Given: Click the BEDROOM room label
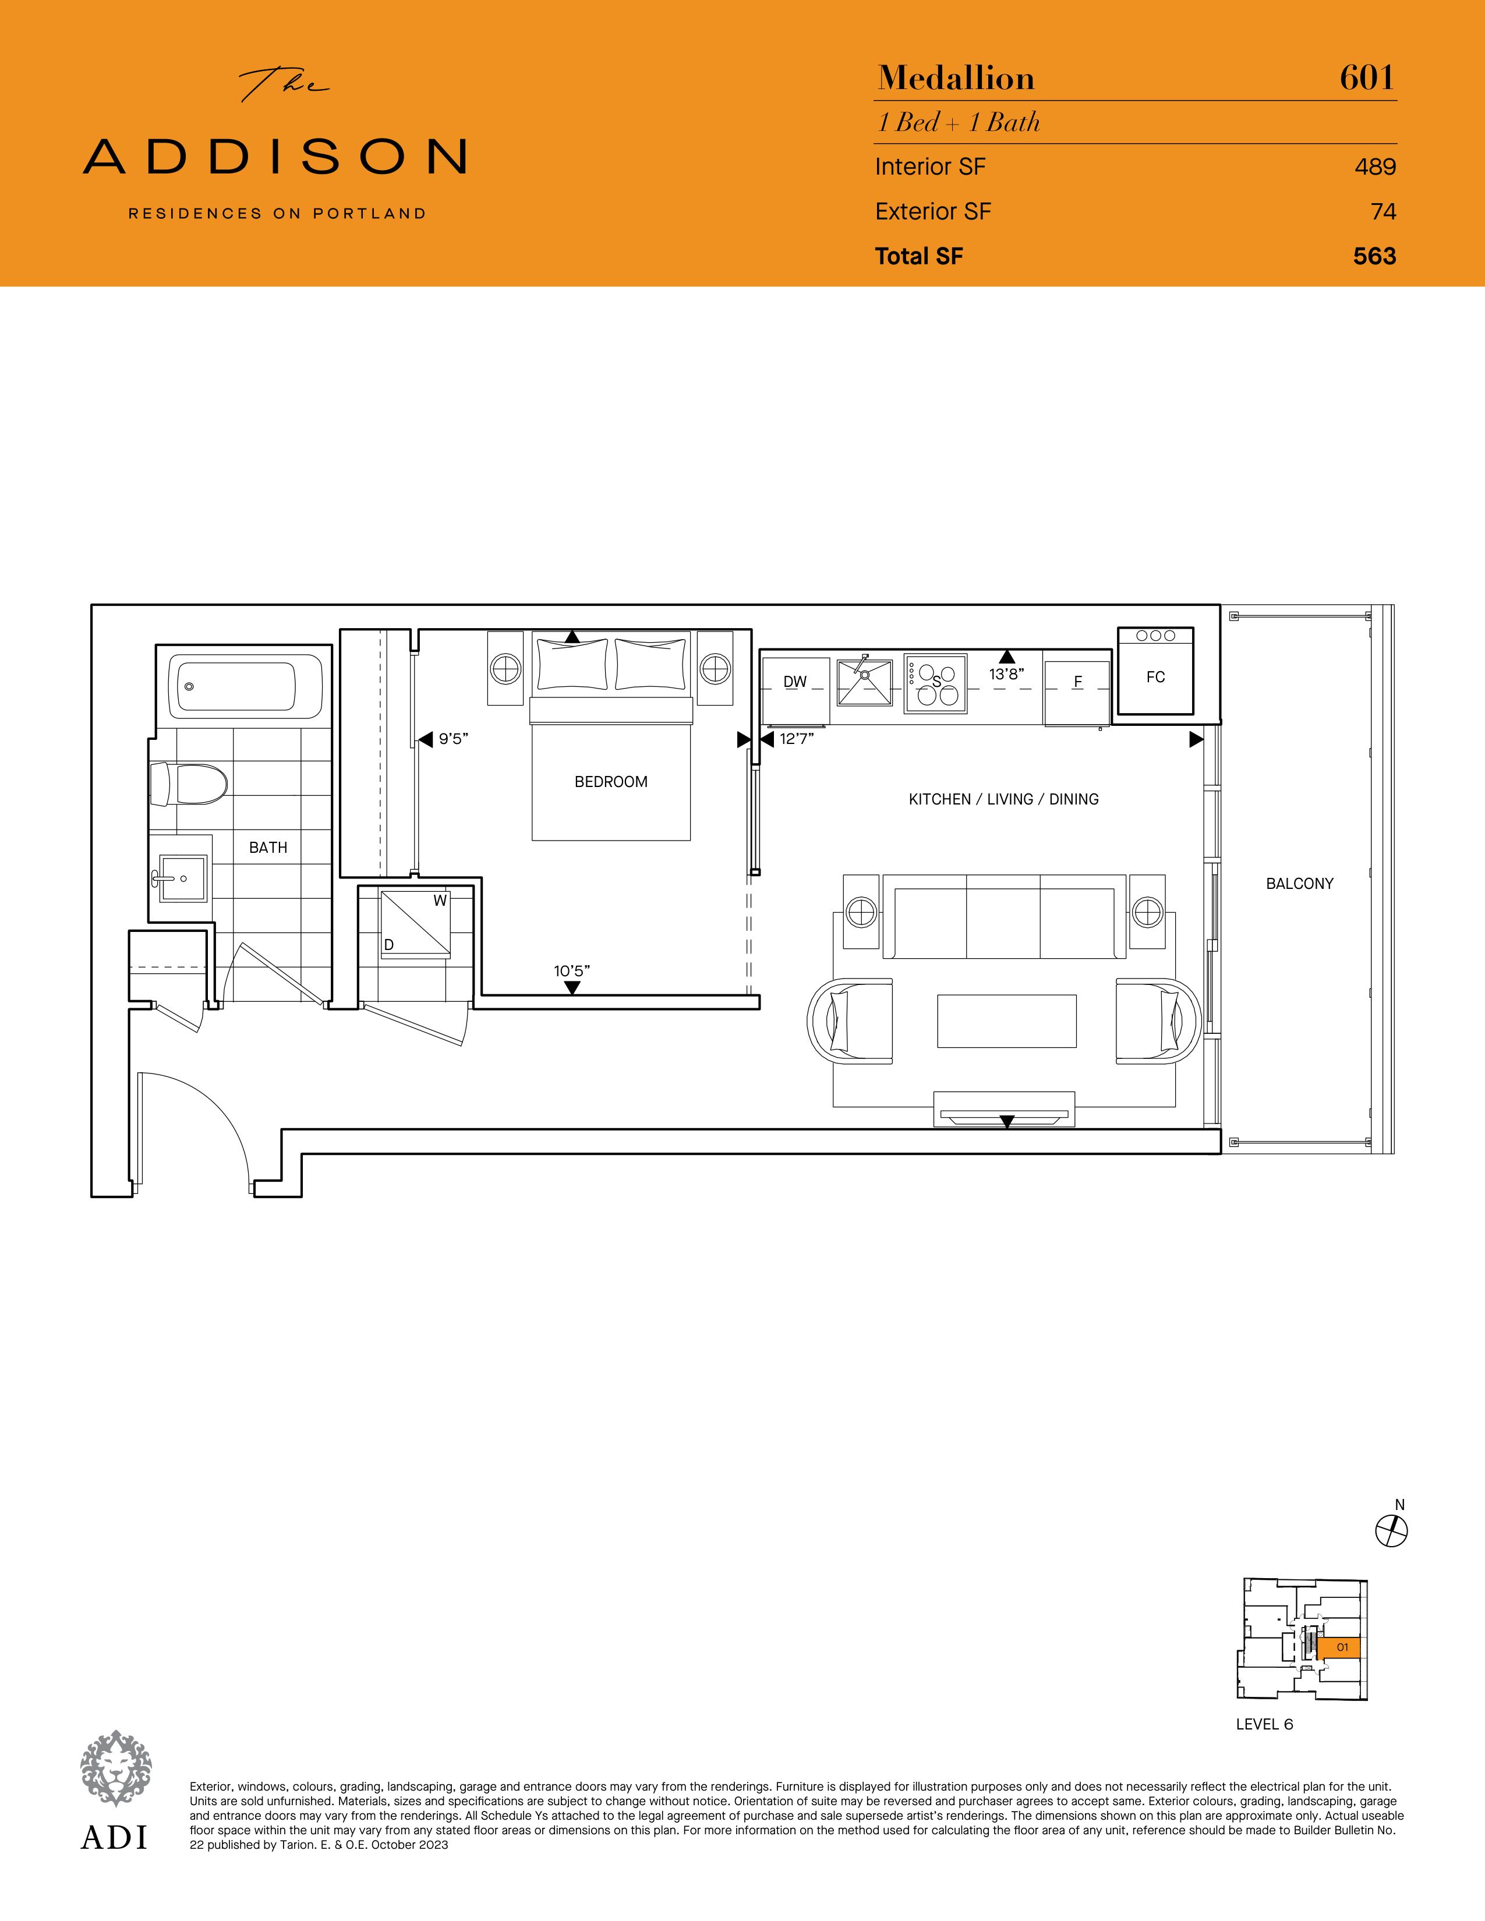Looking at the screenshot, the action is [610, 782].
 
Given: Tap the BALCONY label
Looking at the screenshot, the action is [1299, 884].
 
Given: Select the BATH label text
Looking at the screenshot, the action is [268, 848].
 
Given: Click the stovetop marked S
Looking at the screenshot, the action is [936, 682].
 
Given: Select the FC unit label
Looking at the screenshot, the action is [1156, 677].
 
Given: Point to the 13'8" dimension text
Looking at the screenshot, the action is [1006, 675].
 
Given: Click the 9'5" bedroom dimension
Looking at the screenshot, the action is [454, 740].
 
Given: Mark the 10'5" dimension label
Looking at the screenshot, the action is [572, 971].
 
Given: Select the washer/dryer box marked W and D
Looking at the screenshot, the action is [415, 923].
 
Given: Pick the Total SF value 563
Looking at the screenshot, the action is [1375, 256].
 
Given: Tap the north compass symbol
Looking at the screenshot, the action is [1391, 1530].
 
